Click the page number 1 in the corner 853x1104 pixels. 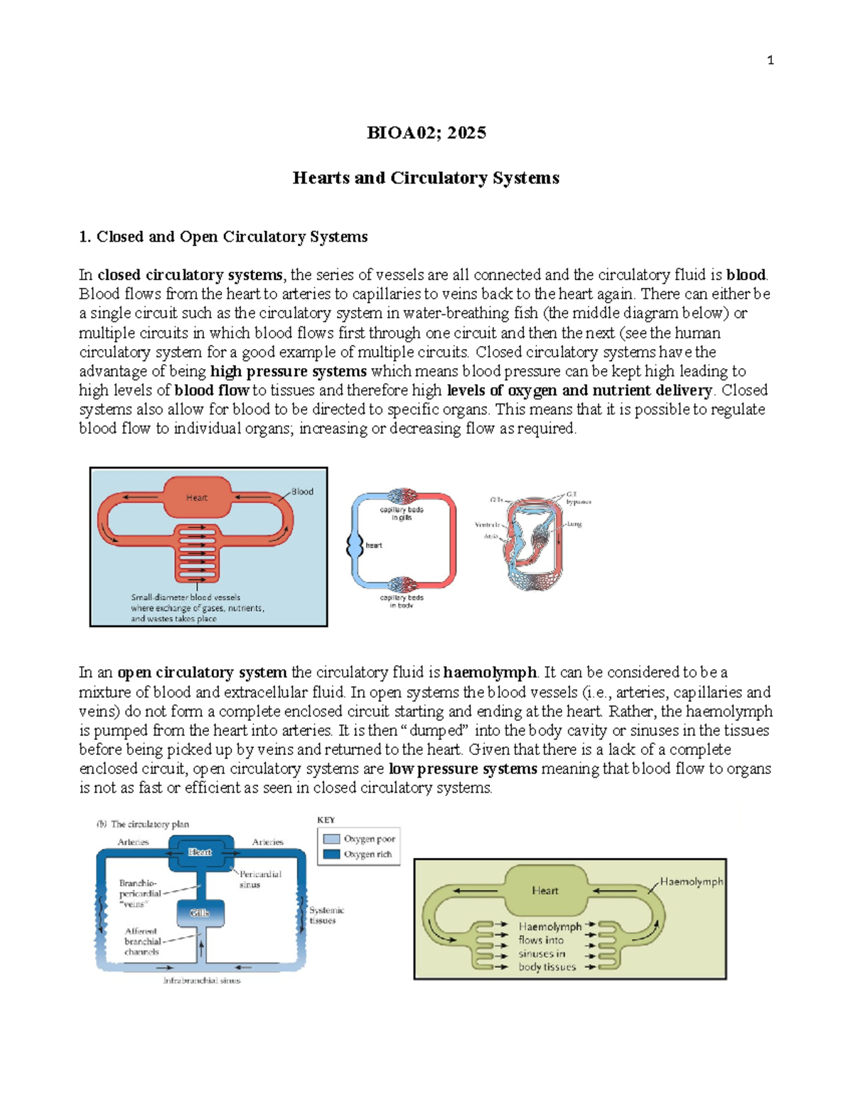point(771,60)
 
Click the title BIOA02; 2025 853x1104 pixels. point(426,133)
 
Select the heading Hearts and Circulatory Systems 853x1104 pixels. point(426,178)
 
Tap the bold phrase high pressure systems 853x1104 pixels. point(289,371)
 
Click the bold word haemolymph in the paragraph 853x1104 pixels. point(489,672)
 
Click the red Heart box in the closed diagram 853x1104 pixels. point(197,498)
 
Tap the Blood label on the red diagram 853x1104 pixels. point(302,491)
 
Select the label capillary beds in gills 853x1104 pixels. point(402,513)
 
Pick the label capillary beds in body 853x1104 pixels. point(402,601)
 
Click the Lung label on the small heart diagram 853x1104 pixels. point(574,524)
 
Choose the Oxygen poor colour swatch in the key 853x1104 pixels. point(331,839)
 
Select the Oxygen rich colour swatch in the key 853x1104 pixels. point(331,854)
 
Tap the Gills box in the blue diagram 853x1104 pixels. point(200,913)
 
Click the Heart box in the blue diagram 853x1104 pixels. point(200,852)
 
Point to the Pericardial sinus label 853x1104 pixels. point(259,879)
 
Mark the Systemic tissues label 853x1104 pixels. point(326,915)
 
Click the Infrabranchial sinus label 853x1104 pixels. point(202,980)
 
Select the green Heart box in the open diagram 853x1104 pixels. point(545,891)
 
